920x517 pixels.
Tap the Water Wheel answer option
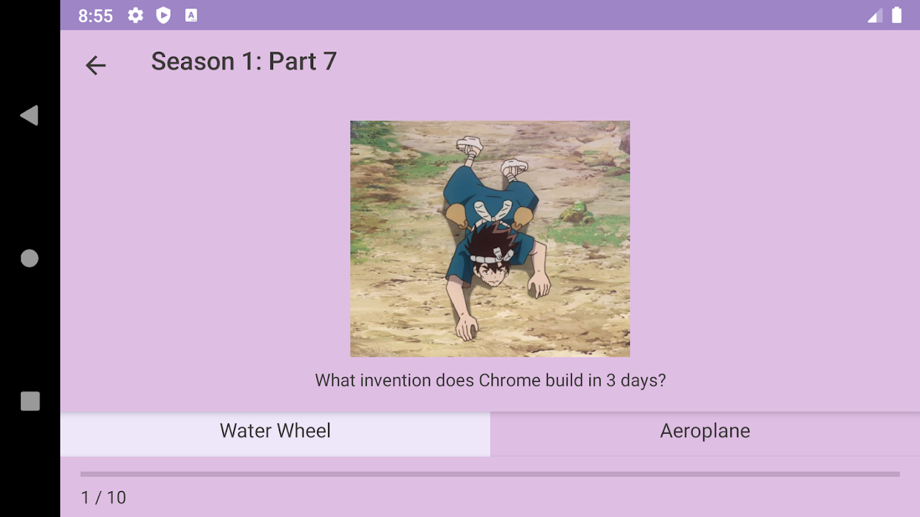pyautogui.click(x=275, y=434)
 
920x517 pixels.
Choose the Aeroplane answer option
pyautogui.click(x=705, y=434)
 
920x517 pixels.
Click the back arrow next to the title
pyautogui.click(x=96, y=65)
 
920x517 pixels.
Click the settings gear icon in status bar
pyautogui.click(x=135, y=16)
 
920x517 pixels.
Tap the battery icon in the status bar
pyautogui.click(x=897, y=16)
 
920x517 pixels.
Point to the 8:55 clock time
pyautogui.click(x=95, y=16)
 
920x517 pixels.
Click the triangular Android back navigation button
pyautogui.click(x=30, y=115)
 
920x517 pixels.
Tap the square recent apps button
pyautogui.click(x=30, y=401)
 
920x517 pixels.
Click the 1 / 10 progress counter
pyautogui.click(x=104, y=498)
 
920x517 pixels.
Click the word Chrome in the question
pyautogui.click(x=509, y=381)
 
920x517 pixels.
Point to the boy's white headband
pyautogui.click(x=492, y=257)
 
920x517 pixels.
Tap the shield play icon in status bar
pyautogui.click(x=164, y=16)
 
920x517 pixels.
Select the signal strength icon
pyautogui.click(x=875, y=16)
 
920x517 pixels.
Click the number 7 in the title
pyautogui.click(x=329, y=61)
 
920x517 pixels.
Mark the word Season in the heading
pyautogui.click(x=193, y=61)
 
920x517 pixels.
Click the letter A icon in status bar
pyautogui.click(x=191, y=16)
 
